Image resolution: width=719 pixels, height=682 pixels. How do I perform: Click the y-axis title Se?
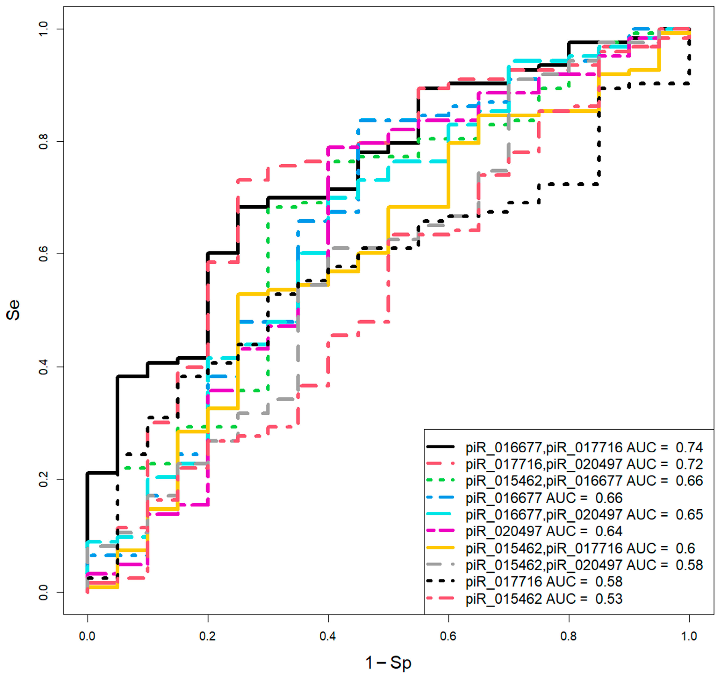pyautogui.click(x=14, y=310)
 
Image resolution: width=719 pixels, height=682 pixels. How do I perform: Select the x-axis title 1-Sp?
pyautogui.click(x=388, y=662)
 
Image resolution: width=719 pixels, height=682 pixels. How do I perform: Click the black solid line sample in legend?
pyautogui.click(x=440, y=446)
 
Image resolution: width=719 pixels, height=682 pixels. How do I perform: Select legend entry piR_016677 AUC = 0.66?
pyautogui.click(x=544, y=498)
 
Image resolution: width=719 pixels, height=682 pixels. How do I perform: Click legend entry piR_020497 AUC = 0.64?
pyautogui.click(x=544, y=531)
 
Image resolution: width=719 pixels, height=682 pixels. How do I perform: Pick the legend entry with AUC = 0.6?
pyautogui.click(x=580, y=548)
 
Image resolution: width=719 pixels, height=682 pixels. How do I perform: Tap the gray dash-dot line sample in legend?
pyautogui.click(x=440, y=564)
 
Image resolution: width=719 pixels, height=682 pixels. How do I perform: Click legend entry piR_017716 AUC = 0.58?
pyautogui.click(x=544, y=582)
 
